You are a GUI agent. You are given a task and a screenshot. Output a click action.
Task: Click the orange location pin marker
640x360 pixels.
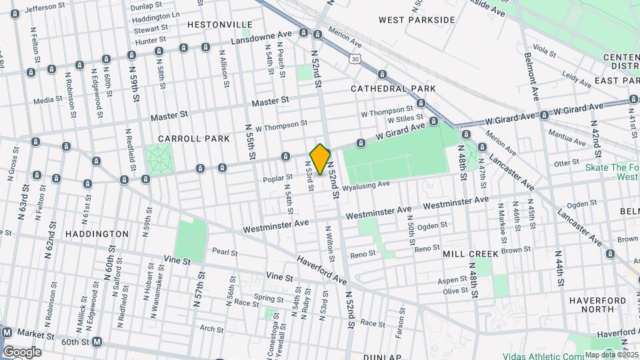point(321,159)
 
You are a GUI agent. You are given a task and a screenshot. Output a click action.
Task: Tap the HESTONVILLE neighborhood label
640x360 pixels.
point(210,24)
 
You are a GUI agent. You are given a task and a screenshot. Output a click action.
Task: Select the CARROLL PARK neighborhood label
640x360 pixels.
point(194,139)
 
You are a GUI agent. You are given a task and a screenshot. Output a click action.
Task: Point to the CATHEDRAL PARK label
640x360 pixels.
point(393,88)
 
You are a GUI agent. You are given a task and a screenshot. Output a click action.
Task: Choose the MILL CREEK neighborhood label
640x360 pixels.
point(470,254)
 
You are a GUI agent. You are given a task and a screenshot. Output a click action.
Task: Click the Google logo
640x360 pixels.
point(22,351)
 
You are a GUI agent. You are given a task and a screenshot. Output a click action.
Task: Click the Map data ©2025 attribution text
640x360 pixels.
point(611,355)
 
